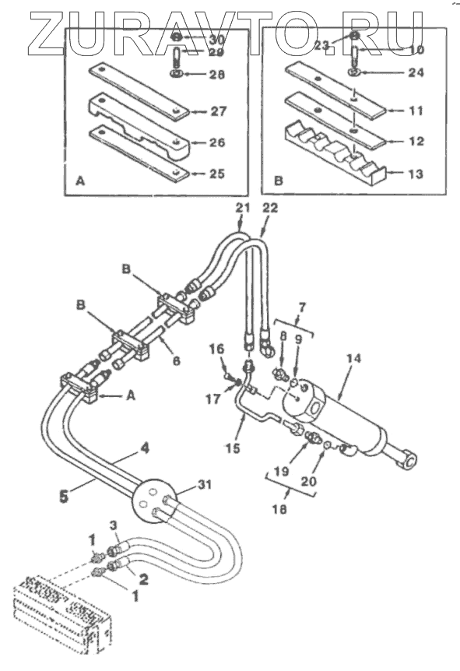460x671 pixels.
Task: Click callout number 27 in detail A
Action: (218, 111)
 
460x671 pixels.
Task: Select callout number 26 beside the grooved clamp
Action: (217, 142)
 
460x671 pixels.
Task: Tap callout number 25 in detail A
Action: (217, 174)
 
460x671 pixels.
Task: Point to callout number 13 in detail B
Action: (416, 174)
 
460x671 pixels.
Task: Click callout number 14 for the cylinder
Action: (354, 358)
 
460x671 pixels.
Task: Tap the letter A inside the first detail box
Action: (80, 181)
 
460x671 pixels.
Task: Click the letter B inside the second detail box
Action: (279, 181)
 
